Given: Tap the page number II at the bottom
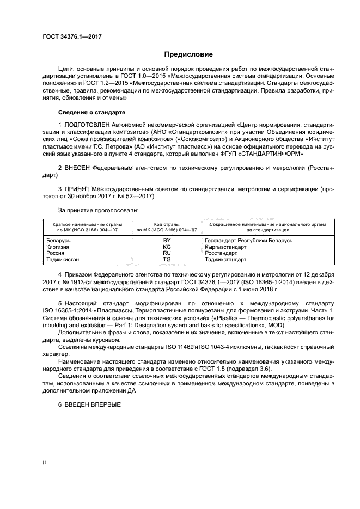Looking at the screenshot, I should point(45,462).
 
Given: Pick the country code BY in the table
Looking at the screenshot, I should point(167,240).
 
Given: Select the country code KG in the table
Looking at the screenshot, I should point(167,247).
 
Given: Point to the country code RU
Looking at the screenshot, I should point(167,253).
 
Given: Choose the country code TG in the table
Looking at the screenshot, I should point(167,260).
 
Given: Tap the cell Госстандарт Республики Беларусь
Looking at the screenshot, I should point(248,240).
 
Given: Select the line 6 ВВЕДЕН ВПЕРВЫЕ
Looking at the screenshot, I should point(88,404).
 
